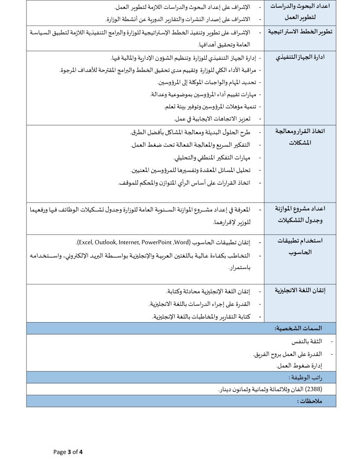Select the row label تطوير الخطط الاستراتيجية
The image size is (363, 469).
pos(300,32)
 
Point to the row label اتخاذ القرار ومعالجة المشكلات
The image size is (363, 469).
pos(300,136)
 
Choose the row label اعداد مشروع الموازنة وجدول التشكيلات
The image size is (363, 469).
pos(300,214)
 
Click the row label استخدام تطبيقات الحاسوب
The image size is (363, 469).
pos(300,246)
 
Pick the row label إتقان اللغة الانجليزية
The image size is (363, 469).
pos(300,290)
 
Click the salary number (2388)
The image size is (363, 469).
pos(315,389)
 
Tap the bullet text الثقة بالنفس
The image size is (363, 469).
pos(307,342)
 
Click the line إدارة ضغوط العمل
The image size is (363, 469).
pos(299,365)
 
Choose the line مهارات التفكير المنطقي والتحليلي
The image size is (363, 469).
pos(212,158)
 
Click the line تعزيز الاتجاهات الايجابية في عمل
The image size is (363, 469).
pos(212,119)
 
